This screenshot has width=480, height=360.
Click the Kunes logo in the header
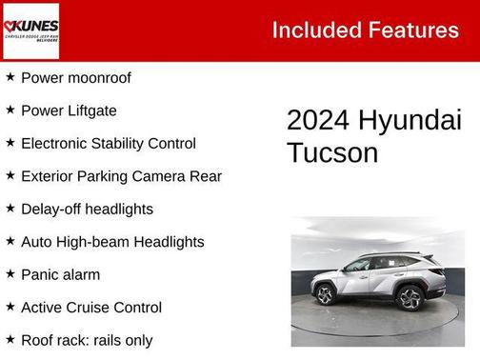pos(30,30)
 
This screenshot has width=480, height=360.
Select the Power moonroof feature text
pos(75,77)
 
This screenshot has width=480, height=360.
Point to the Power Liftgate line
pos(69,110)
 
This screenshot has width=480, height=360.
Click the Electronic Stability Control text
pos(108,143)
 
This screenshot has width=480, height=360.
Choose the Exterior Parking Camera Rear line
pos(121,176)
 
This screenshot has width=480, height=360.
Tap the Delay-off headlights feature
pos(87,209)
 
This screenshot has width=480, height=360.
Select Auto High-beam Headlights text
pos(112,242)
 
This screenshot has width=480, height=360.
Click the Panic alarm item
pos(60,274)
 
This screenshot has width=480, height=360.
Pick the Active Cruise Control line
pos(91,308)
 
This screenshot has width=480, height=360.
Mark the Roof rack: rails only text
pos(87,340)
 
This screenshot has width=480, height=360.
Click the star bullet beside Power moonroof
pos(10,77)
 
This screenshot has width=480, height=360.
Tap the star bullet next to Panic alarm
pos(10,274)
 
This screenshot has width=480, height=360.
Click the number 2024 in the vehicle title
pos(319,121)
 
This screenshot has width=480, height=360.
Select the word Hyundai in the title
pos(410,121)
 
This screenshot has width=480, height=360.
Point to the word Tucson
pos(332,152)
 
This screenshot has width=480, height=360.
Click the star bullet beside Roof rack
pos(10,340)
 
